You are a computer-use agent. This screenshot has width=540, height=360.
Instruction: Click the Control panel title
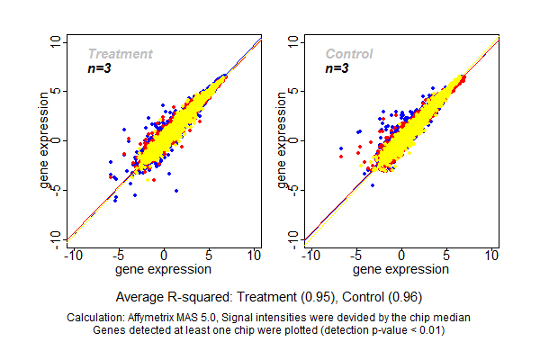[349, 54]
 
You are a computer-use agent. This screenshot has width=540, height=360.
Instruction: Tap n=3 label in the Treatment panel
[99, 68]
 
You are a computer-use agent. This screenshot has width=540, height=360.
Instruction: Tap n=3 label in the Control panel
[337, 68]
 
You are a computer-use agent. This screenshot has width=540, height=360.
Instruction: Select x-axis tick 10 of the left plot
[255, 256]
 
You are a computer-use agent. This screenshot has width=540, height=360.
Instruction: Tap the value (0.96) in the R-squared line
[401, 296]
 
